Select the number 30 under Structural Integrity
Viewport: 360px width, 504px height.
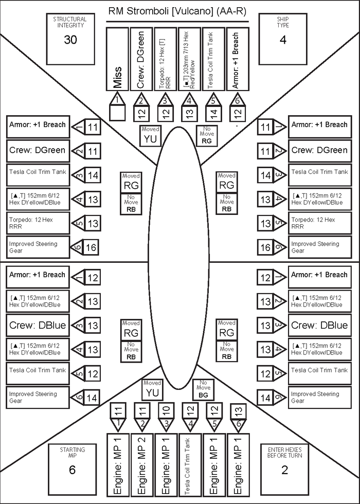click(70, 40)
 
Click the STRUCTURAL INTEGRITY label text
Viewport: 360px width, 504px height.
click(70, 22)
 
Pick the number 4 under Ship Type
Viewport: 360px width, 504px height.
click(283, 40)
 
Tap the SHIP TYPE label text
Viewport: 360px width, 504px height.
click(283, 22)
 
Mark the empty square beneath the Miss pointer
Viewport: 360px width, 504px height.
click(118, 113)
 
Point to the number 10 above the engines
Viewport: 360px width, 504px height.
click(166, 411)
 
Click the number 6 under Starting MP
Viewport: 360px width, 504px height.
click(73, 470)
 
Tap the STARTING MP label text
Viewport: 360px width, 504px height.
click(73, 452)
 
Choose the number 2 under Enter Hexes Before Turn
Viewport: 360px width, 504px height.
click(284, 470)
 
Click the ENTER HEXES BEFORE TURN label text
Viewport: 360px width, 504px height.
click(284, 452)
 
